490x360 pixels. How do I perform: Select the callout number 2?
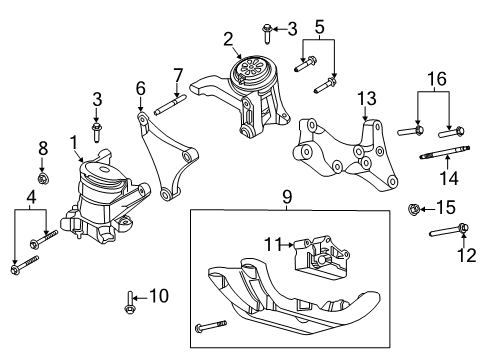(x=228, y=39)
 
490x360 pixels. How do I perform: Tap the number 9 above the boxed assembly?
(x=286, y=199)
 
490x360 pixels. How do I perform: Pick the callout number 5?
(x=319, y=17)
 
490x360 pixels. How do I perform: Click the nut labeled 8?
(x=42, y=179)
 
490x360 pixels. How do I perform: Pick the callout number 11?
(x=268, y=244)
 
